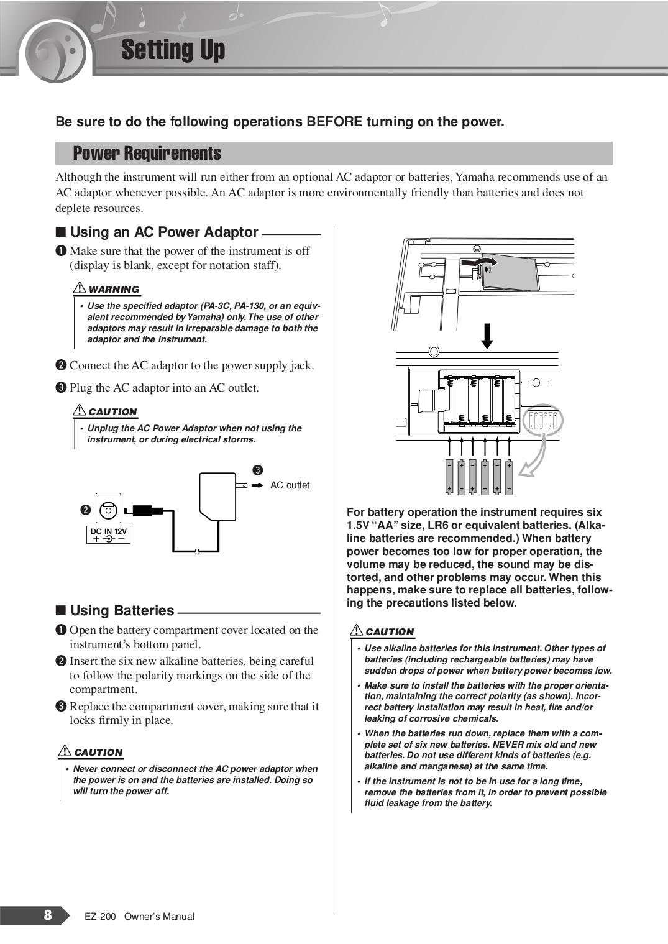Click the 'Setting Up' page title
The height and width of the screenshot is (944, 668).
(x=173, y=50)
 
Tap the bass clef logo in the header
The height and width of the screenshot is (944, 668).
(x=57, y=52)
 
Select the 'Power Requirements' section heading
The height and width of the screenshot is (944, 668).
(x=147, y=154)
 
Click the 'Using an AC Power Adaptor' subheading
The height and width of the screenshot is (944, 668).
(x=164, y=232)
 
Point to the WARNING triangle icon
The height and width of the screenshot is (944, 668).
(x=80, y=288)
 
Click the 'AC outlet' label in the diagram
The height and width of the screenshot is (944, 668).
(x=290, y=485)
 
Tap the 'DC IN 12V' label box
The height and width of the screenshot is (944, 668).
(x=108, y=534)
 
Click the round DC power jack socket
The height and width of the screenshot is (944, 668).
(x=108, y=510)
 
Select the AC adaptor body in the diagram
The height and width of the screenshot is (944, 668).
(x=217, y=496)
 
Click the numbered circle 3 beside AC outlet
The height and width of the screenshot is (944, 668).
(x=257, y=470)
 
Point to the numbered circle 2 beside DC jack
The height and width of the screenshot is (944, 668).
(x=86, y=510)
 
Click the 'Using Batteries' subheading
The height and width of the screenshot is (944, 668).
(x=122, y=611)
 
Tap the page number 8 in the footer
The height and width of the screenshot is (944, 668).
(x=48, y=915)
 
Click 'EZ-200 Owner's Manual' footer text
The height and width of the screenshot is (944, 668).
(x=139, y=917)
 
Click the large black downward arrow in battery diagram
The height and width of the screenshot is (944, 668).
(x=488, y=336)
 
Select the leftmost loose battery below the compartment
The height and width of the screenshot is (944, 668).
(x=449, y=477)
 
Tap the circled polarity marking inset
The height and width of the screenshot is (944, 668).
(x=543, y=421)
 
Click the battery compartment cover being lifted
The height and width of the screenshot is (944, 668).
(x=510, y=273)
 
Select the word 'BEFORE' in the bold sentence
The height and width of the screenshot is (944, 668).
(x=334, y=122)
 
